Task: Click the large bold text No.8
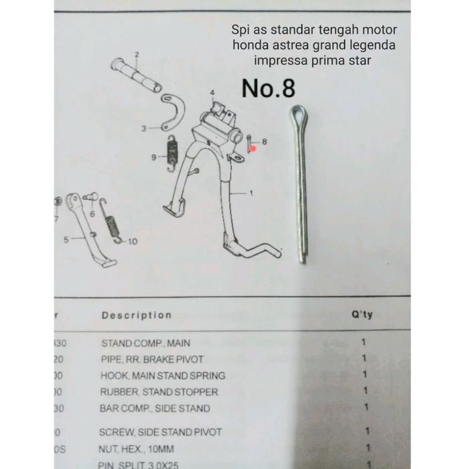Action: [x=269, y=88]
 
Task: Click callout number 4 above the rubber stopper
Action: [x=212, y=92]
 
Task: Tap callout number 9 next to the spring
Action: [x=154, y=157]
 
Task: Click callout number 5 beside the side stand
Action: [x=66, y=239]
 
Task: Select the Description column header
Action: [x=136, y=315]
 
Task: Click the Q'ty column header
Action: [x=362, y=315]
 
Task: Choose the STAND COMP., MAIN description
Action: [x=145, y=343]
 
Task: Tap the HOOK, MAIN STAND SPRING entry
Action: [x=162, y=375]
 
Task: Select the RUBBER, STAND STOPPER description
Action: [x=159, y=392]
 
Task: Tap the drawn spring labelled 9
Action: [x=172, y=151]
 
